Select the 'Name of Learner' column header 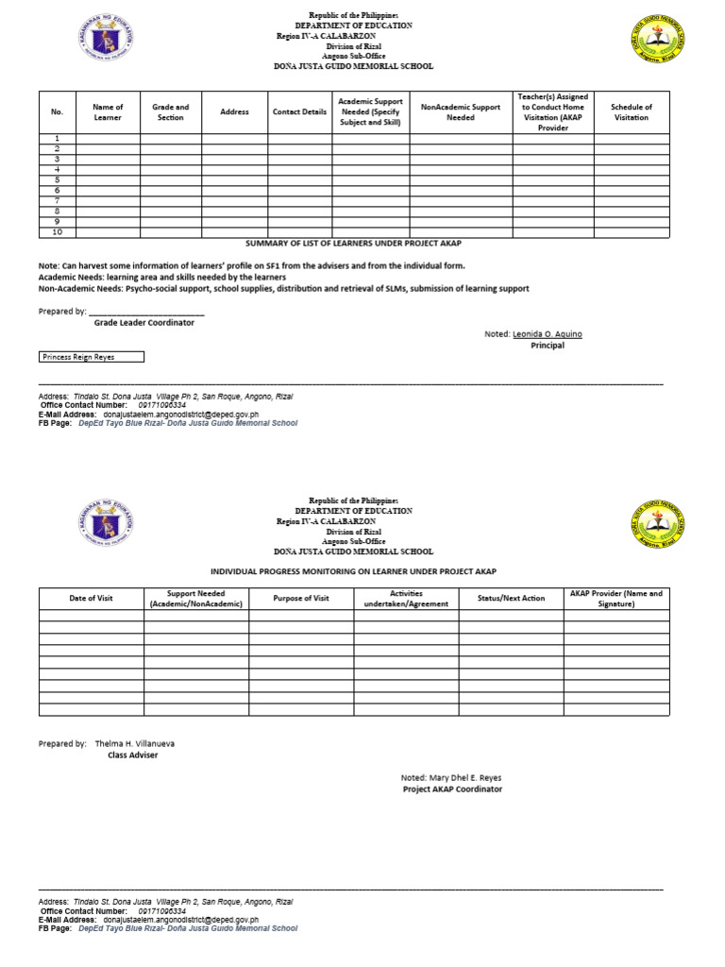[108, 112]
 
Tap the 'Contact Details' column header [299, 111]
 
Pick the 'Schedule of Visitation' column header [631, 112]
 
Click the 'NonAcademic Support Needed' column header [461, 112]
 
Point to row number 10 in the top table [57, 231]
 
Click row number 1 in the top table [57, 138]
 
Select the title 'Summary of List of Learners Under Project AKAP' [353, 244]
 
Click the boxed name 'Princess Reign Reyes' [91, 357]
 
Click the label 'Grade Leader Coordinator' [143, 322]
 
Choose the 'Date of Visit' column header [91, 598]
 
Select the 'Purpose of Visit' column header [301, 598]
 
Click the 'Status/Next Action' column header [511, 598]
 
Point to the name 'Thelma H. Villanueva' [134, 743]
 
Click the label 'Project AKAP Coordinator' [452, 789]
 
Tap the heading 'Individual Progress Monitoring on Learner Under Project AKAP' [352, 572]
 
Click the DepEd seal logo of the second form [106, 526]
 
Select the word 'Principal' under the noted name [548, 346]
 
